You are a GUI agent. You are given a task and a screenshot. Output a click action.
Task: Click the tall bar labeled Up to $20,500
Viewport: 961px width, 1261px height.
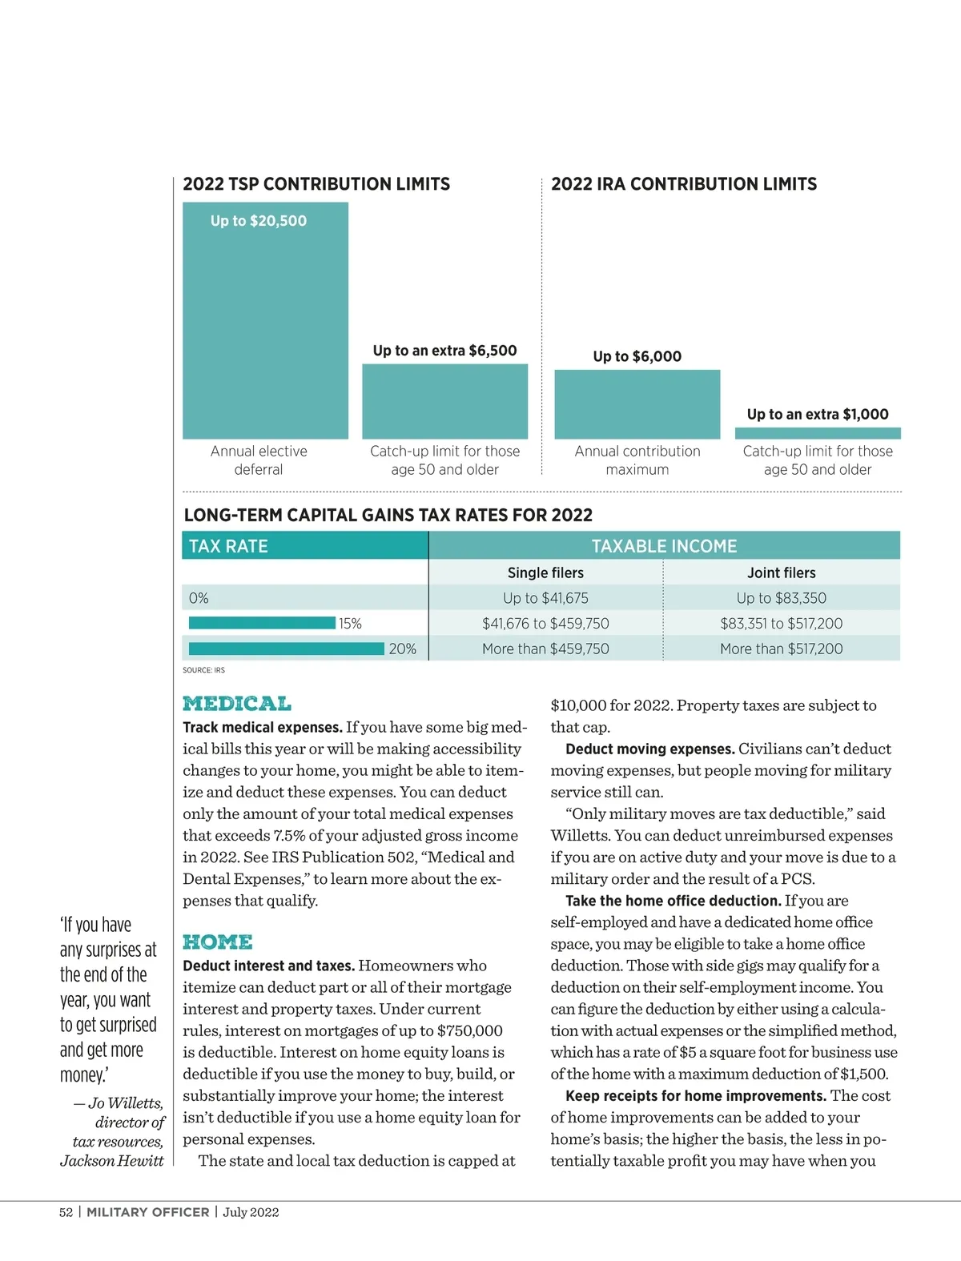(x=265, y=320)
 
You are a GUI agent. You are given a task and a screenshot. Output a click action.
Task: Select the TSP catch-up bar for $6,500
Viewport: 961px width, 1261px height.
(x=444, y=401)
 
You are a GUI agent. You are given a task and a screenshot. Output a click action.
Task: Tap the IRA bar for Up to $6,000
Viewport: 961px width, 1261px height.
(x=637, y=404)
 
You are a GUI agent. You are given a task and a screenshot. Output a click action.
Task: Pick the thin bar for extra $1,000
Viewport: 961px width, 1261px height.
(x=818, y=433)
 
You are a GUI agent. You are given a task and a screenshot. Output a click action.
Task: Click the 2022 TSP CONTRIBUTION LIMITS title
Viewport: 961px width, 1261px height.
(x=316, y=184)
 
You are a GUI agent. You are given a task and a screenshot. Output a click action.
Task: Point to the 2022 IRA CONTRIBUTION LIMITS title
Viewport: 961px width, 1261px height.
(x=684, y=184)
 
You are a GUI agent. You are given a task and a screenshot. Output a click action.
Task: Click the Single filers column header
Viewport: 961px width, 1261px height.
(x=545, y=572)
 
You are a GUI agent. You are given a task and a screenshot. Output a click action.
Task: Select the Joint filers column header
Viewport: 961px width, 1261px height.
(x=781, y=572)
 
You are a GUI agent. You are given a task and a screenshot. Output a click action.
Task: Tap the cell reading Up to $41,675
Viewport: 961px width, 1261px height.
(x=545, y=598)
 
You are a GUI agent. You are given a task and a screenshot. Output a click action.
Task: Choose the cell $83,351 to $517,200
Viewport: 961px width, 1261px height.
(x=781, y=624)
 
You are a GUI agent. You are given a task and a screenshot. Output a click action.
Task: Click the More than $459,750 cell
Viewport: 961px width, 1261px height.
(x=545, y=649)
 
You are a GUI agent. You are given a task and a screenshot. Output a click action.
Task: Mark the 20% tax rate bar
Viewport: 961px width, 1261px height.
(x=286, y=649)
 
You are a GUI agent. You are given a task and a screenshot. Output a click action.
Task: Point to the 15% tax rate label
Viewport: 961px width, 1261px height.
(x=350, y=624)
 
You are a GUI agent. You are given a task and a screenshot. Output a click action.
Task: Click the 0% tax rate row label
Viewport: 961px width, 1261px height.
(x=199, y=598)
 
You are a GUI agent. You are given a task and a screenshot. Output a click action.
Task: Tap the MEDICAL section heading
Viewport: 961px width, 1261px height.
(x=237, y=704)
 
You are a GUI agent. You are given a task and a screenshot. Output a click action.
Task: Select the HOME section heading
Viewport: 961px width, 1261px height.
(x=218, y=942)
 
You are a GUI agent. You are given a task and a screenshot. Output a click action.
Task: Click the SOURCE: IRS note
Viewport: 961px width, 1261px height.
(x=203, y=670)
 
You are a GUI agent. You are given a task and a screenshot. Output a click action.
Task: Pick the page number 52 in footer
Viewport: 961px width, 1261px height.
(x=66, y=1212)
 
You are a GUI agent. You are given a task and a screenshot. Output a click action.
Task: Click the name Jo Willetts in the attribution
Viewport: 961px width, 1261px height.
(x=126, y=1103)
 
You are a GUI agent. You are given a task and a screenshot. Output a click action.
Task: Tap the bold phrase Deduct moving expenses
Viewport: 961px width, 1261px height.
(x=649, y=749)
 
